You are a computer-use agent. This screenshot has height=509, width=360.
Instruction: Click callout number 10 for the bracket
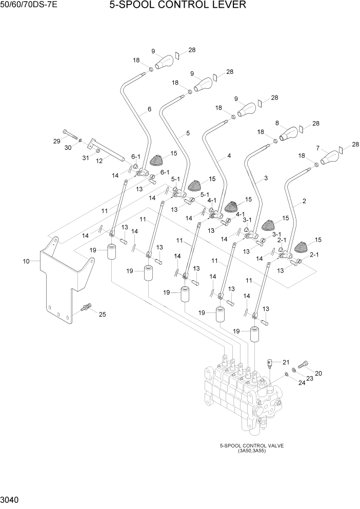26,261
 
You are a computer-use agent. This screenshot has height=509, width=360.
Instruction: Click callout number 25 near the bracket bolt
102,315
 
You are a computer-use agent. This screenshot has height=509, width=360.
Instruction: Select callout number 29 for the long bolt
57,141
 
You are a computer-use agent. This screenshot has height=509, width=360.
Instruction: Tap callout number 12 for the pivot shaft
99,161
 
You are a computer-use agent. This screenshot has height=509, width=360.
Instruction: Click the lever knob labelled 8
289,133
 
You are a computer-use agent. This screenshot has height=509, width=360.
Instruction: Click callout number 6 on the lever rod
149,109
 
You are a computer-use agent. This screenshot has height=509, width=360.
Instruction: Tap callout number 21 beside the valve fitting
286,362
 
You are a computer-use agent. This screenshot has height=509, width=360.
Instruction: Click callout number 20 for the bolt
318,373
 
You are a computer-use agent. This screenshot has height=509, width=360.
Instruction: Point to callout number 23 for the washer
309,379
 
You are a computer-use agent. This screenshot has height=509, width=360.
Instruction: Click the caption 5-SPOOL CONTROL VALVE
251,446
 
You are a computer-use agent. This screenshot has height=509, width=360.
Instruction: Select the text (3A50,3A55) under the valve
251,451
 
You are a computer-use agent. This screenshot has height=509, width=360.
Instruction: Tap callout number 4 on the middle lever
229,155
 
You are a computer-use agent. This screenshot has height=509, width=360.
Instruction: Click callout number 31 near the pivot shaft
86,158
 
